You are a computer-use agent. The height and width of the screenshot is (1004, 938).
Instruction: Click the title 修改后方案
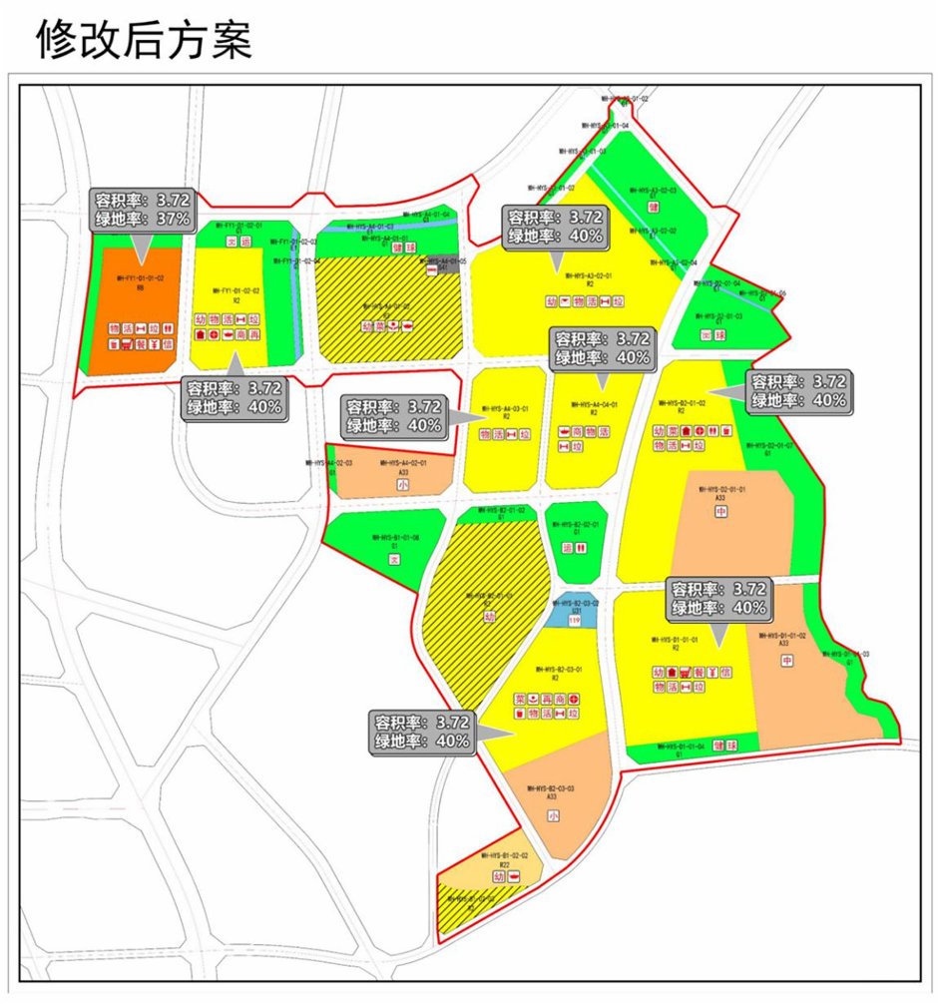tap(144, 39)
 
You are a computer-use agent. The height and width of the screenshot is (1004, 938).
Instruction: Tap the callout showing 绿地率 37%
tap(140, 218)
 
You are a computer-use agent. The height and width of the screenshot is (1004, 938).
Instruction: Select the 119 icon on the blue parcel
tap(574, 621)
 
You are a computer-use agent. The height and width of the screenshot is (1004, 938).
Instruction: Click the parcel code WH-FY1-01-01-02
tap(140, 278)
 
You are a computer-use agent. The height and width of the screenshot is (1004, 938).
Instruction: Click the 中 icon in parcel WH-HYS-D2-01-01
tap(721, 512)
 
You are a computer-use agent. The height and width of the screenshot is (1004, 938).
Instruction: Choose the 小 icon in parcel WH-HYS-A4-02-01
tap(402, 485)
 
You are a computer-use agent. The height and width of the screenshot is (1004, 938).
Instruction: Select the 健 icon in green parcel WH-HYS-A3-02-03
tap(654, 208)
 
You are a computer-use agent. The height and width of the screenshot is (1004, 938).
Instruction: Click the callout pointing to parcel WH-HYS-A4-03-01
tap(393, 416)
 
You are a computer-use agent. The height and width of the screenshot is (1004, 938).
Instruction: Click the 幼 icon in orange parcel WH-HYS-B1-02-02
tap(498, 876)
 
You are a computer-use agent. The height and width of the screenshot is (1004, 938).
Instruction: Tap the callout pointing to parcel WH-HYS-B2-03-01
tap(422, 731)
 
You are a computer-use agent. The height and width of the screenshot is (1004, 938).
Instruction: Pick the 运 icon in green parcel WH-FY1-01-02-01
tap(246, 241)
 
